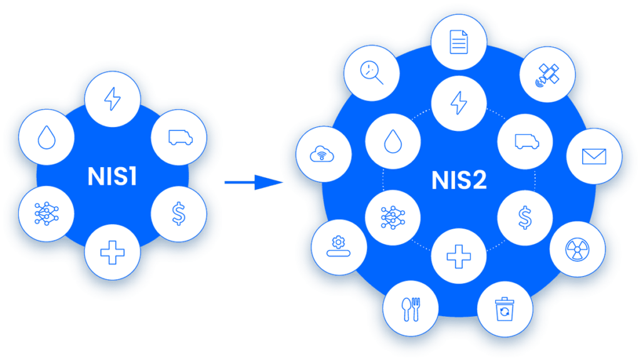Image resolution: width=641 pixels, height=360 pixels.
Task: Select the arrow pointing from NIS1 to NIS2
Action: click(254, 183)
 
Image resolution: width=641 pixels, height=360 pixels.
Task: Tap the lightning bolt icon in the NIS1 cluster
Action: click(113, 99)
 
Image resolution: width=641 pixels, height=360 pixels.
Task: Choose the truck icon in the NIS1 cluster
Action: click(179, 138)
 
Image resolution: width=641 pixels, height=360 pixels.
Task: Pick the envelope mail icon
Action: click(594, 156)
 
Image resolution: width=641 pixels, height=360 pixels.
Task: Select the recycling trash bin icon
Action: click(505, 309)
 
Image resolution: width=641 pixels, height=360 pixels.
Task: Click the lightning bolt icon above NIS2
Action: click(459, 103)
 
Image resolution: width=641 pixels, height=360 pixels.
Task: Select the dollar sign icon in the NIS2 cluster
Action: click(525, 216)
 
